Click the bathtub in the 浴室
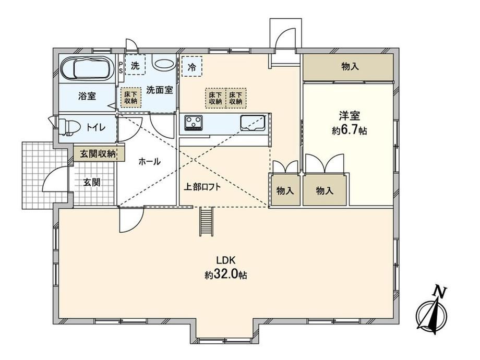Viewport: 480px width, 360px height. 86,68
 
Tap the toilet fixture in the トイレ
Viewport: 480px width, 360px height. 69,127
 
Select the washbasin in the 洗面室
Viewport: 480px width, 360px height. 163,63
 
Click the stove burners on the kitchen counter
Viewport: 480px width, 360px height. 193,123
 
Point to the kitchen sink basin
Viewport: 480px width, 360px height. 253,123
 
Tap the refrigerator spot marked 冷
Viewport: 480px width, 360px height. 192,66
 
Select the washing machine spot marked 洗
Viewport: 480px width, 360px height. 135,65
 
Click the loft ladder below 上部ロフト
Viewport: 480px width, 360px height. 207,221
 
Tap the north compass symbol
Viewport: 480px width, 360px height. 432,311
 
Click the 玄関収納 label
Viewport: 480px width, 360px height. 98,154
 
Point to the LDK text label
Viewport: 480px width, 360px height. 225,260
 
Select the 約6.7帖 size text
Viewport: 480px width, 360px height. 349,130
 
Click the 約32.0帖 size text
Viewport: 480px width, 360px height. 226,275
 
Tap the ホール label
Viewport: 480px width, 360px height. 149,161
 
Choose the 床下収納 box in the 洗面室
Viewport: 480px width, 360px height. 131,98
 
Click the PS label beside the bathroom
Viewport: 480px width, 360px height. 121,67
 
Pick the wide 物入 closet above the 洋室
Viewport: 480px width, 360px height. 348,67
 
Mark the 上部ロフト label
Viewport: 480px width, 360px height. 202,187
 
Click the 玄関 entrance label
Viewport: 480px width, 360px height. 92,183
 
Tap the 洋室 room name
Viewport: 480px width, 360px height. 349,116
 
